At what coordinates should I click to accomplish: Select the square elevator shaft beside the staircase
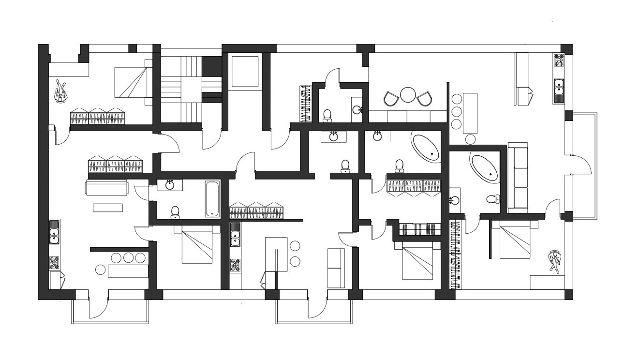pyautogui.click(x=246, y=72)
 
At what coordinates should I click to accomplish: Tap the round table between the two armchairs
pyautogui.click(x=408, y=94)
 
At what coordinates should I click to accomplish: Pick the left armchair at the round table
pyautogui.click(x=390, y=99)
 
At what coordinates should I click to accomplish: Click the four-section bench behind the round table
pyautogui.click(x=407, y=117)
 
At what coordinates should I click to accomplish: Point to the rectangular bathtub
pyautogui.click(x=213, y=199)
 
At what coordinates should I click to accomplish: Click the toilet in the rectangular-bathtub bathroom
pyautogui.click(x=175, y=211)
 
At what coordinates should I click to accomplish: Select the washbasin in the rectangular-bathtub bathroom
pyautogui.click(x=170, y=185)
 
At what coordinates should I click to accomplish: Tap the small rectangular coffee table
pyautogui.click(x=108, y=208)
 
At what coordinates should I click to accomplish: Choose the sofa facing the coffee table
pyautogui.click(x=106, y=187)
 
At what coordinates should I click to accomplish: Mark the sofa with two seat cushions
pyautogui.click(x=336, y=268)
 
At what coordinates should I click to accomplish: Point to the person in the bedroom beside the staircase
pyautogui.click(x=60, y=91)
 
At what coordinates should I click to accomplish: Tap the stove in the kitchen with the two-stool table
pyautogui.click(x=235, y=265)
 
